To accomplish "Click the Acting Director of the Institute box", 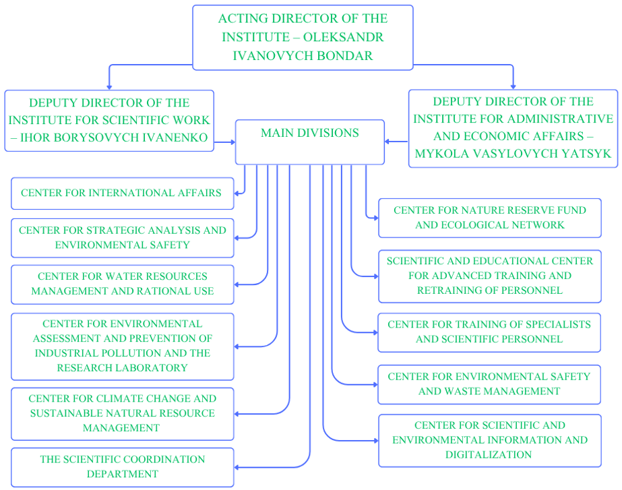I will [x=303, y=37].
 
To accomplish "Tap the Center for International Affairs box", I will [x=122, y=193].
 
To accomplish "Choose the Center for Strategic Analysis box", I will [x=122, y=237].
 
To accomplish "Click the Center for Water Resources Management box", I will [x=122, y=284].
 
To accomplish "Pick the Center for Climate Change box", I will [x=122, y=413].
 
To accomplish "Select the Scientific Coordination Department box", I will [x=122, y=466].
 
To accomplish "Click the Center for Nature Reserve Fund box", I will [x=489, y=218].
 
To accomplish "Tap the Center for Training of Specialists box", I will [x=489, y=332].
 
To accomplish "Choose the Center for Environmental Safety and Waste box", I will [x=489, y=384].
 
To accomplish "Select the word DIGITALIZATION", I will [x=489, y=455].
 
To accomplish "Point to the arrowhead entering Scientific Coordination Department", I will [x=237, y=467].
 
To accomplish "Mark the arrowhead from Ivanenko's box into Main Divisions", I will [x=232, y=142].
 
